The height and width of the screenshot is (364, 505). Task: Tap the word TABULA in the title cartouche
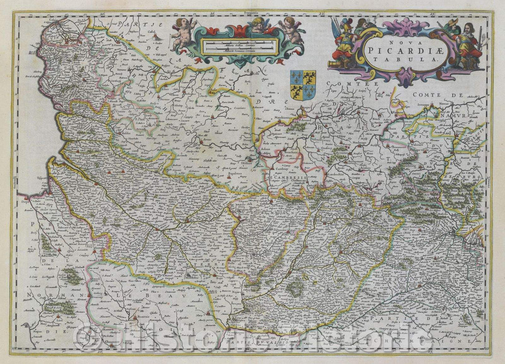coord(407,60)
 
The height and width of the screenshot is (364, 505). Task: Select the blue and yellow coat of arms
coord(303,84)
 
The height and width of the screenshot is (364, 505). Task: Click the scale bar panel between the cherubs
coord(240,46)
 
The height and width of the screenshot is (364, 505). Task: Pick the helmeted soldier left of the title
coord(345,40)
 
